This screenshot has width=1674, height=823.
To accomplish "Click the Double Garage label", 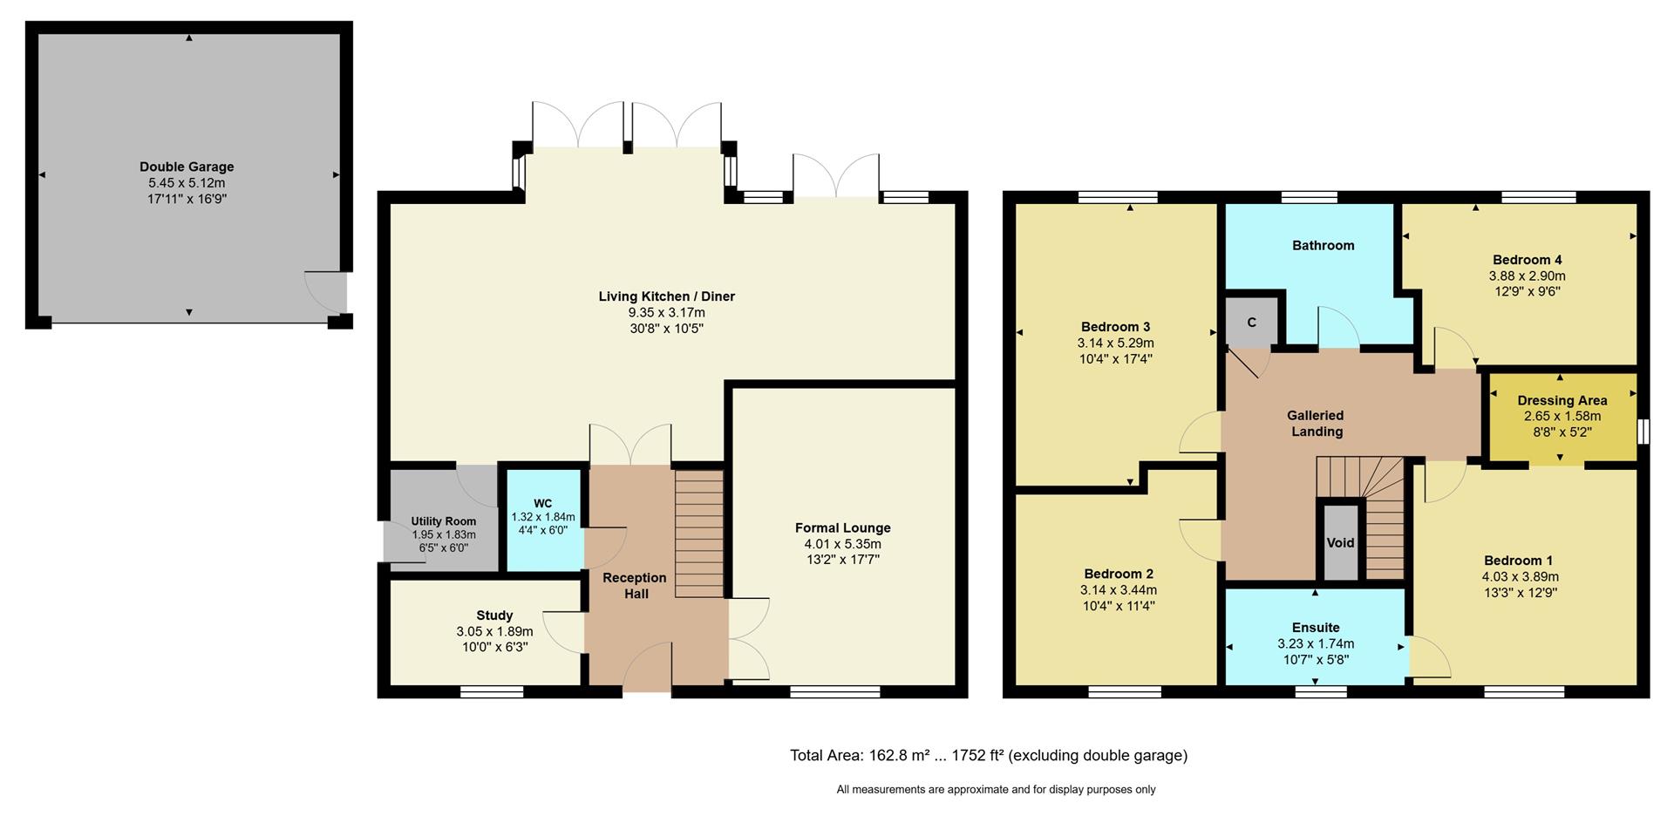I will click(187, 167).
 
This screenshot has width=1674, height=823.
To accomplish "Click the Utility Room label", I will click(444, 521).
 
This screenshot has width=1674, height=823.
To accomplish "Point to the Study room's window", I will click(492, 692).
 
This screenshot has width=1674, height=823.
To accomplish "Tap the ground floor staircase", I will click(699, 534).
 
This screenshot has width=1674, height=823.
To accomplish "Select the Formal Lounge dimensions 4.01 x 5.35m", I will click(842, 544).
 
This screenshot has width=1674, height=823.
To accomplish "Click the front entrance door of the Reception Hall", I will click(647, 670).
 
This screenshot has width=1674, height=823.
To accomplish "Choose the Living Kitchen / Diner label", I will click(666, 296).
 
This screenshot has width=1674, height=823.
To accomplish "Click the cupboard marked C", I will click(1251, 322).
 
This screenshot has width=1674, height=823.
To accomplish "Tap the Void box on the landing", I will click(1340, 542).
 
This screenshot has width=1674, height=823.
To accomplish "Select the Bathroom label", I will click(1323, 246).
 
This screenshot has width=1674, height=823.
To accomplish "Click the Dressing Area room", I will click(1562, 416).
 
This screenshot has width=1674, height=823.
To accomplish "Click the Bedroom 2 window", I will click(1125, 692).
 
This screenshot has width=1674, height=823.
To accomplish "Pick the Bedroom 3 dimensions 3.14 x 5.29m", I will click(1115, 343).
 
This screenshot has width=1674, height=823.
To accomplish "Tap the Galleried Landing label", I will click(1317, 424).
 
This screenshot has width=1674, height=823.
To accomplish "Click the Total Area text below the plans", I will click(988, 756).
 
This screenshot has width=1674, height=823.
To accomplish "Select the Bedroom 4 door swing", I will click(1454, 347).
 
